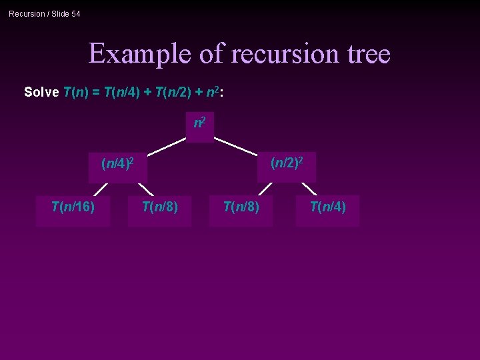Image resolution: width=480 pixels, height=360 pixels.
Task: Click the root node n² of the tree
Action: (x=199, y=124)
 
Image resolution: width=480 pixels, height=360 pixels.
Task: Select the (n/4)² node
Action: (x=117, y=163)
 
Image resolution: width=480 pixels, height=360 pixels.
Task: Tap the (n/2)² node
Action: (x=287, y=163)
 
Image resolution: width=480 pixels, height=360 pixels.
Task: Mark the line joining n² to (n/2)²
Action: (x=237, y=147)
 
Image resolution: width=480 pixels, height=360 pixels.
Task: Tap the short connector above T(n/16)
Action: (x=101, y=190)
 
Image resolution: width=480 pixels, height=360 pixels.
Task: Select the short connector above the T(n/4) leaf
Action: (x=309, y=189)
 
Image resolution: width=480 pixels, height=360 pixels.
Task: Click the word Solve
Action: (x=41, y=92)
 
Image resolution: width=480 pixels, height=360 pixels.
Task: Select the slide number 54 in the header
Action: (x=75, y=14)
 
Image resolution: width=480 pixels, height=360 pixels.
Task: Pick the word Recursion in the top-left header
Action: (x=26, y=14)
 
